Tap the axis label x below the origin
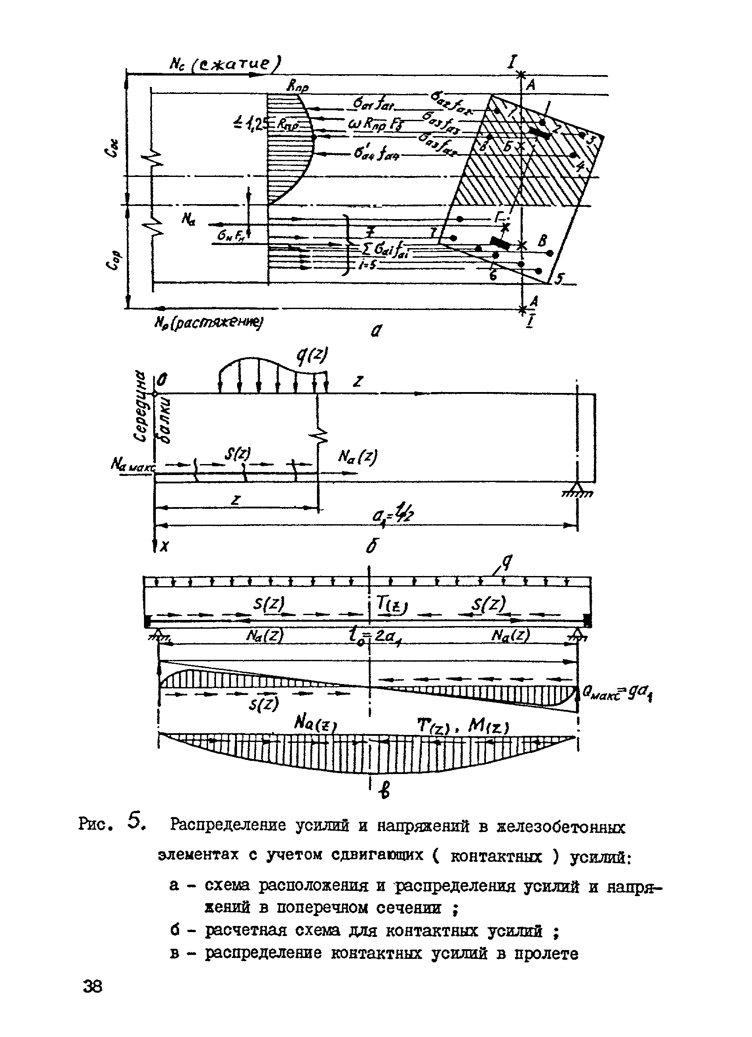[165, 545]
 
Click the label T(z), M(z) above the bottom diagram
[462, 726]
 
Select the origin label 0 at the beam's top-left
[163, 379]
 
